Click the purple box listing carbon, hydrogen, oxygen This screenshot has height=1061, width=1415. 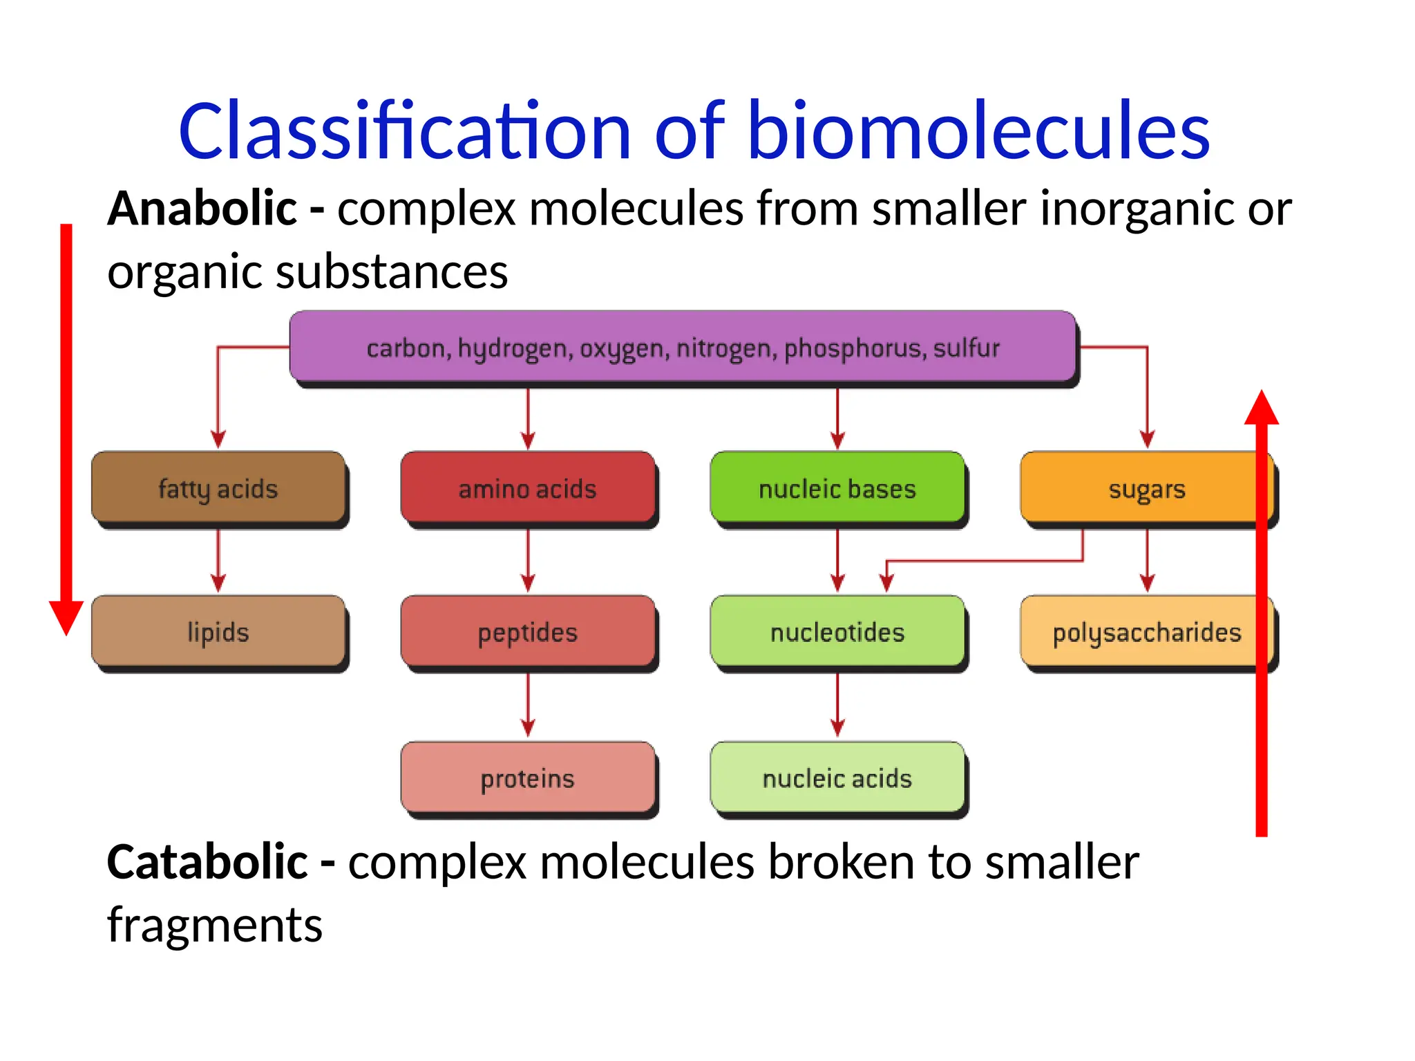[682, 347]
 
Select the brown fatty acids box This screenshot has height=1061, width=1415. [218, 488]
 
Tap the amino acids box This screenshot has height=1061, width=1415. [528, 488]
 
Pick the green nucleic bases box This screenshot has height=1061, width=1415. [837, 488]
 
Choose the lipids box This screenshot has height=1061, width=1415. [218, 632]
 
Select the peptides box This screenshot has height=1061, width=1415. [528, 632]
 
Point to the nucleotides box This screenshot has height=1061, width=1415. [837, 632]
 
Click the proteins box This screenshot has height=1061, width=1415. [528, 778]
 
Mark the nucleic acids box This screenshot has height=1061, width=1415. [837, 778]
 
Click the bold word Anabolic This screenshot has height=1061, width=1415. [202, 209]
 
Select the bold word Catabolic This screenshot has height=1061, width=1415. [207, 862]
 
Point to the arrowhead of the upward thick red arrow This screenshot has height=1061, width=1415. [1262, 409]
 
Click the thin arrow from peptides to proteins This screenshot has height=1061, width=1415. [528, 705]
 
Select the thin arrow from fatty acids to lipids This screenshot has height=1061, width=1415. [218, 560]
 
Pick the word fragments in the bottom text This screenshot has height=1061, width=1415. [215, 926]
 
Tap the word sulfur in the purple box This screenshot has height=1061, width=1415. [966, 347]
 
